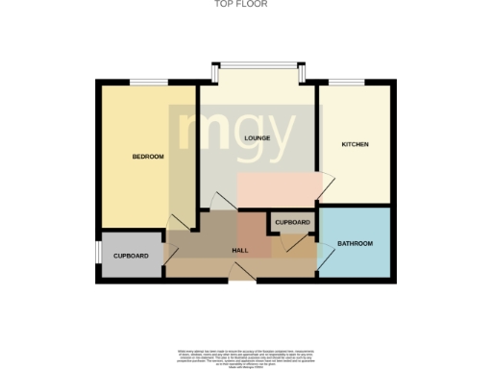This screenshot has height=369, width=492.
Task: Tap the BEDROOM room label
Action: pyautogui.click(x=148, y=157)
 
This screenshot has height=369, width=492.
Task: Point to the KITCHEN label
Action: pyautogui.click(x=356, y=144)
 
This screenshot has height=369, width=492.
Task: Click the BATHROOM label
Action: pyautogui.click(x=355, y=244)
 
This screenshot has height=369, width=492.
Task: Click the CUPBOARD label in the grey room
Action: pyautogui.click(x=131, y=256)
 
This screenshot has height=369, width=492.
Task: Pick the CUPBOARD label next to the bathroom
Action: pyautogui.click(x=292, y=223)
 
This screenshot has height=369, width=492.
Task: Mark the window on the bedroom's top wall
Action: pyautogui.click(x=145, y=81)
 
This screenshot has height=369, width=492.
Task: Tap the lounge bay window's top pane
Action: pyautogui.click(x=257, y=64)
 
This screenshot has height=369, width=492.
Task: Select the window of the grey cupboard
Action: pyautogui.click(x=97, y=252)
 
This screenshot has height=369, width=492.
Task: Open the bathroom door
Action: pyautogui.click(x=307, y=245)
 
